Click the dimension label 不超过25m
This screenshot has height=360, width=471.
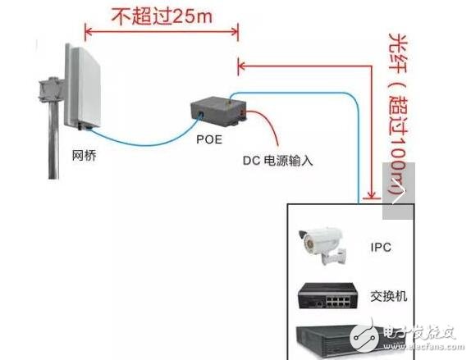[163, 15]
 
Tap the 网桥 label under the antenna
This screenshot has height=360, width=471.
[84, 153]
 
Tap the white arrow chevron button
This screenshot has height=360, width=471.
[399, 194]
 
